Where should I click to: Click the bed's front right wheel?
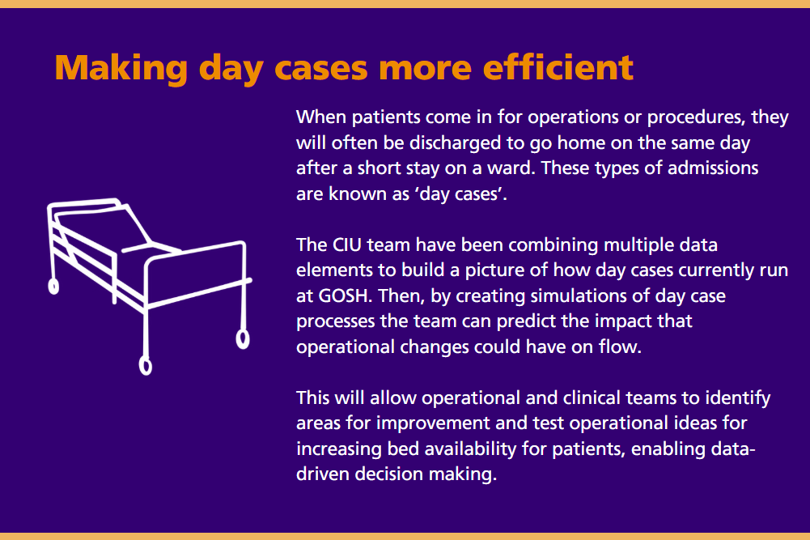coord(242,338)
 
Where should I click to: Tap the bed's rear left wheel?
coord(53,285)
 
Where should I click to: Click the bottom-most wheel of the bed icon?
coord(146,366)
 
